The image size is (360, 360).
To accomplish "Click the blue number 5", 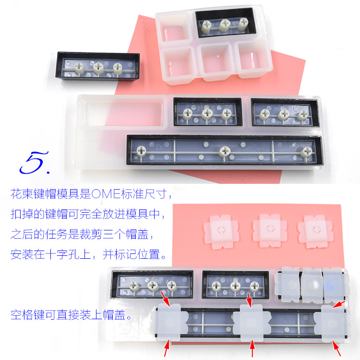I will [x=35, y=163].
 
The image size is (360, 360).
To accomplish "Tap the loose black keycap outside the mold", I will [x=98, y=68].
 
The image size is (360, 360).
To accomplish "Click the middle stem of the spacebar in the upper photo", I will [x=223, y=152].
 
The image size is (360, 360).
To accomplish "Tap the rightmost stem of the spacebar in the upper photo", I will [x=305, y=153].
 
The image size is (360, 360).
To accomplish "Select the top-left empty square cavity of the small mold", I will [x=175, y=26].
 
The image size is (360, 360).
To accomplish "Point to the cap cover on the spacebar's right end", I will [x=334, y=322].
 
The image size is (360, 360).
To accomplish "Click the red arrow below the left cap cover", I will [x=167, y=348].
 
